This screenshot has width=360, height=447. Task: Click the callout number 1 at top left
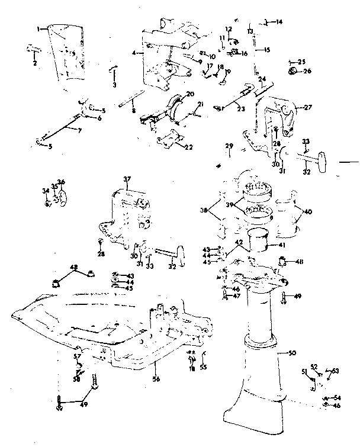coord(38,28)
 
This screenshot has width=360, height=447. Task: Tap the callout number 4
coord(135,53)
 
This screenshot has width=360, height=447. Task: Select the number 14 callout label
coord(279,22)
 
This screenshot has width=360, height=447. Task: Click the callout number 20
coord(189,94)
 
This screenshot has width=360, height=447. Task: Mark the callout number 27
coord(307,108)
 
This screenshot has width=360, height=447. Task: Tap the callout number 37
coord(127,178)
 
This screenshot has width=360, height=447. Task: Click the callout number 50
coord(291,353)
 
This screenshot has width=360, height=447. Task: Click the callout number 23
coord(240,108)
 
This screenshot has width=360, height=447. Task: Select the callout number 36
coord(61,182)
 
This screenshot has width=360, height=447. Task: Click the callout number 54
coord(337,397)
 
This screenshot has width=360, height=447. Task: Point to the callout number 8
coord(133,110)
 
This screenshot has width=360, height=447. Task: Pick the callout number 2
coord(34,63)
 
